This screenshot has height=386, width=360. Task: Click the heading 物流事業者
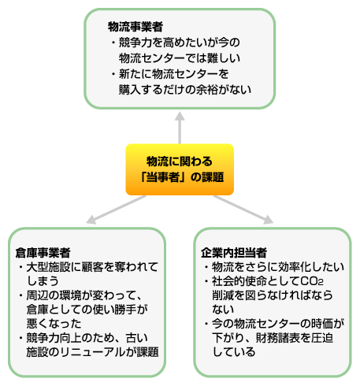click(x=135, y=27)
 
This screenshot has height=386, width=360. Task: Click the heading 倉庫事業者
click(x=43, y=253)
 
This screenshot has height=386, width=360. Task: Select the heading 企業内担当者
click(x=234, y=253)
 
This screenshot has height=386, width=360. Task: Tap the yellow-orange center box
click(x=180, y=169)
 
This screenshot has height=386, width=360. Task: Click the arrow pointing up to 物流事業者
click(x=180, y=128)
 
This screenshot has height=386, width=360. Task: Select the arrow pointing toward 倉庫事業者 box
click(x=116, y=210)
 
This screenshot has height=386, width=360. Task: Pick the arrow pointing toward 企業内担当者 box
click(x=243, y=210)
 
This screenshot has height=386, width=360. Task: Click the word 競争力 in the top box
click(x=135, y=43)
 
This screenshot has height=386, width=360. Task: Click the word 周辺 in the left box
click(x=38, y=295)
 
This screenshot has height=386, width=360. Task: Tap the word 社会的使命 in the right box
click(x=239, y=281)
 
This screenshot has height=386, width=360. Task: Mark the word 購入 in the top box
click(x=130, y=90)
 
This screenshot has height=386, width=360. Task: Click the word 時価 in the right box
click(x=322, y=324)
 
